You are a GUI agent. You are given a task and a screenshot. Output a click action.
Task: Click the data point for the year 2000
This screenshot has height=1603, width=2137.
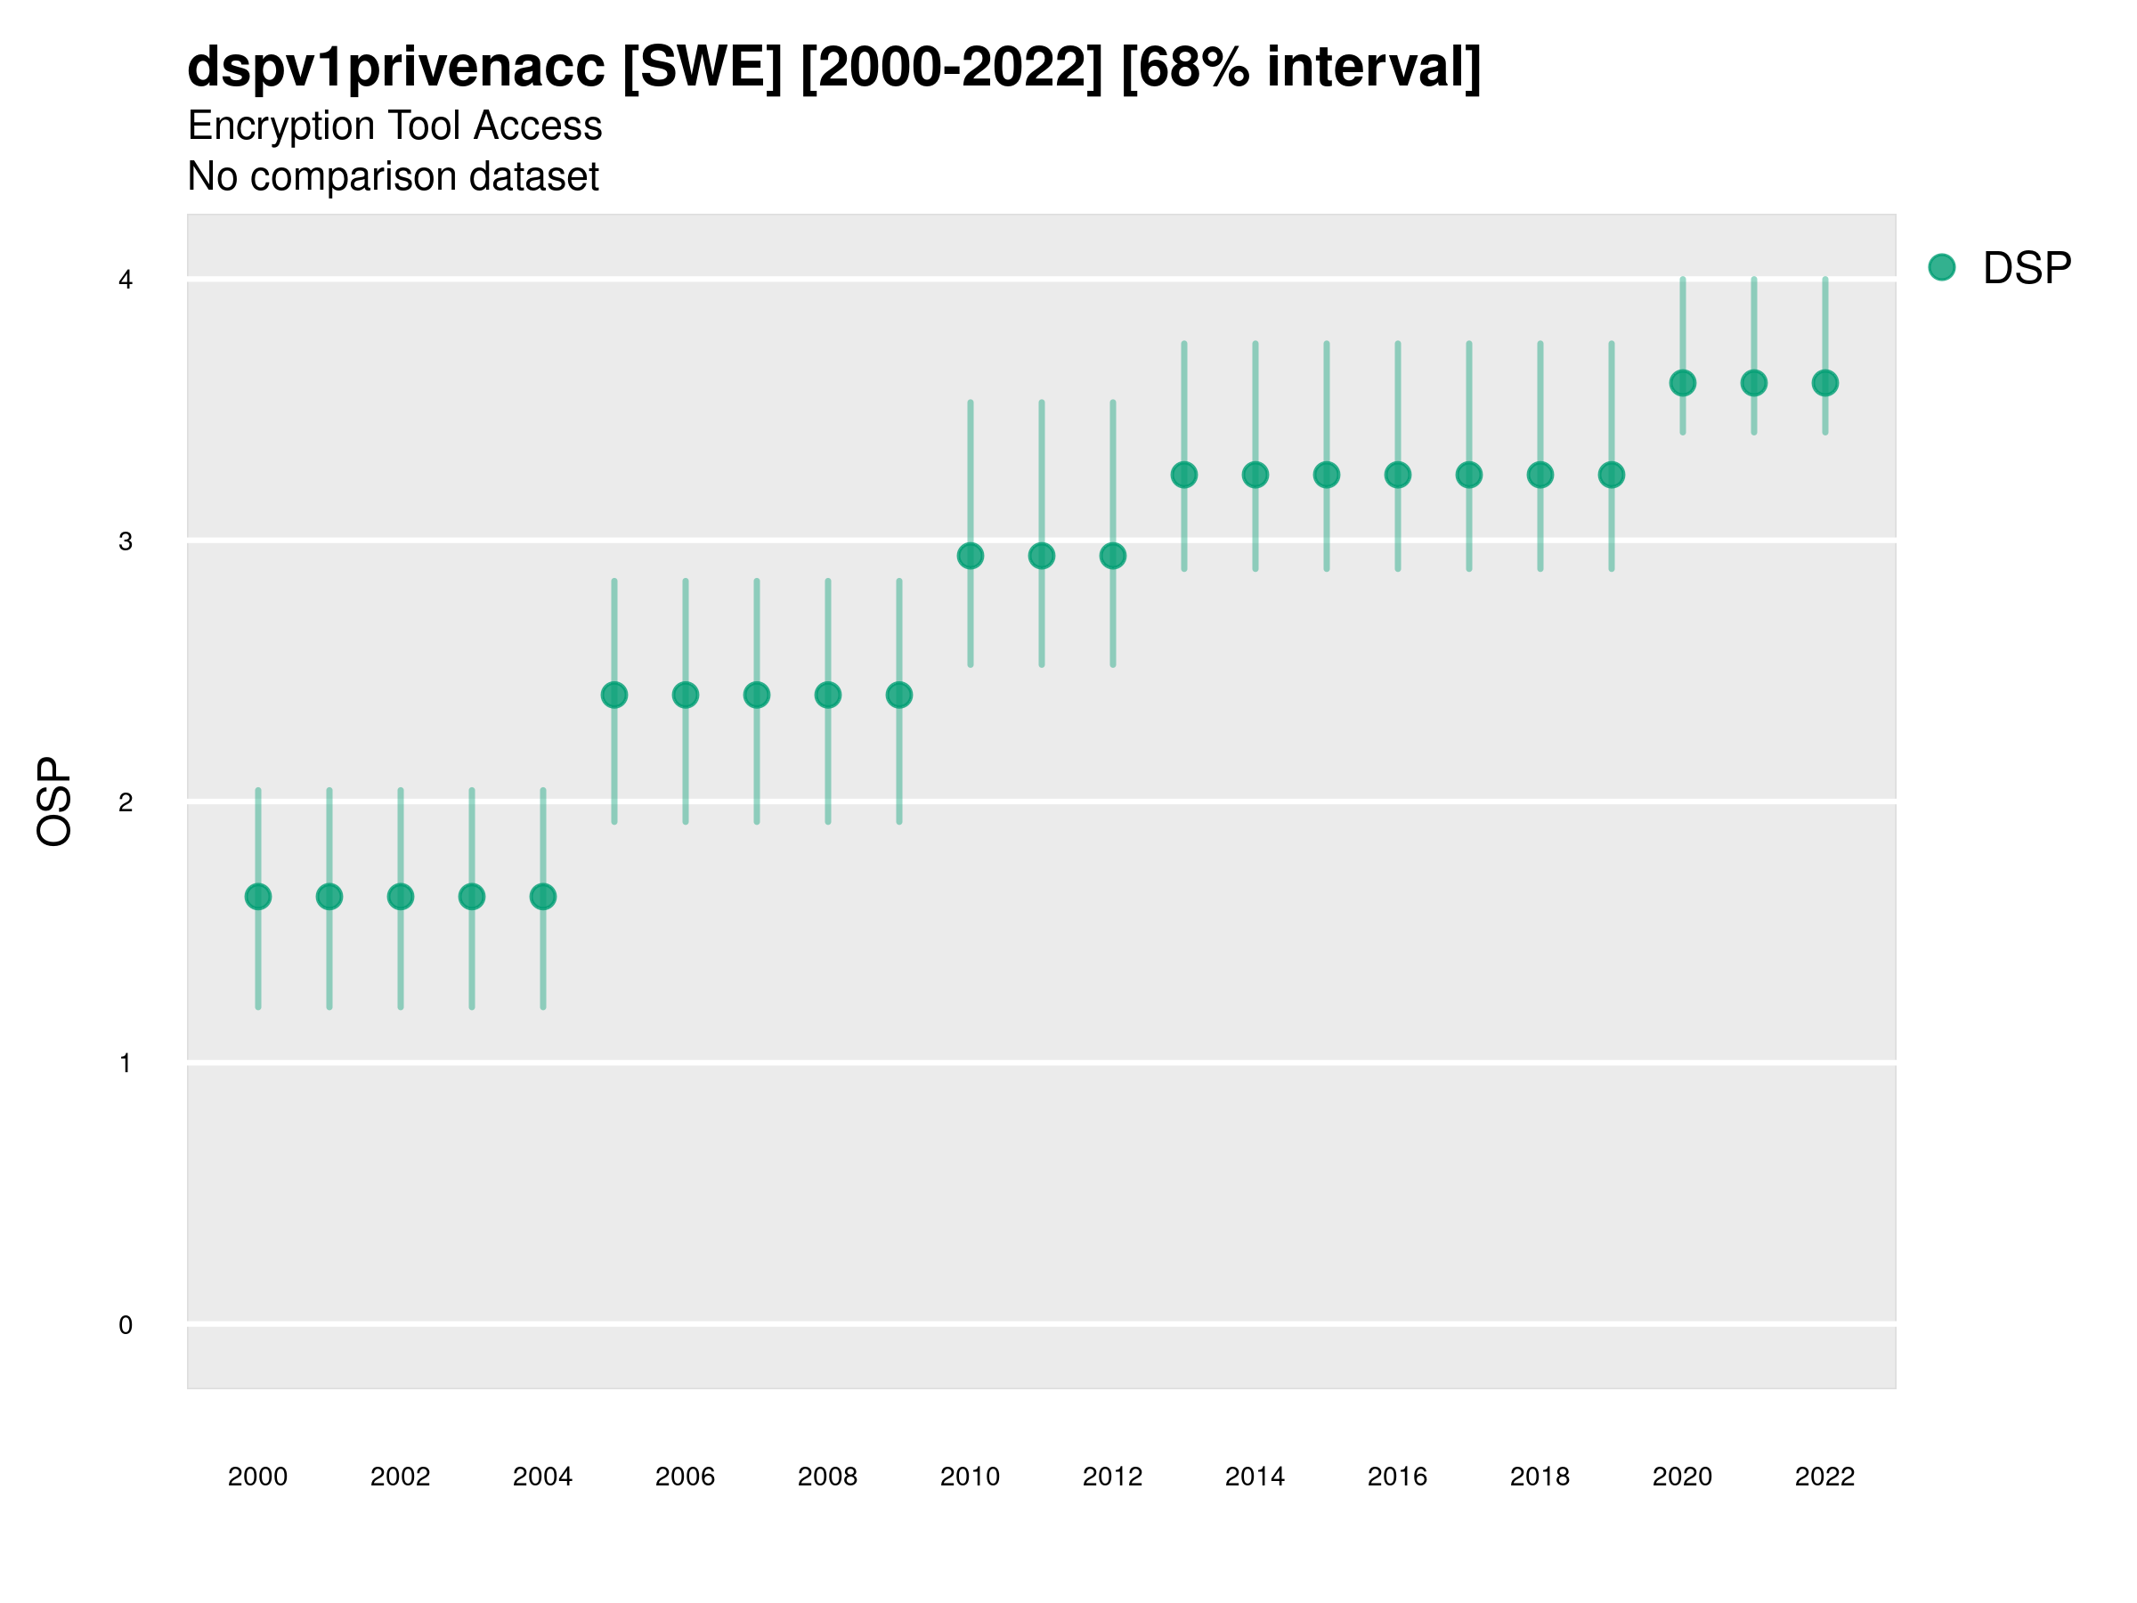[x=258, y=897]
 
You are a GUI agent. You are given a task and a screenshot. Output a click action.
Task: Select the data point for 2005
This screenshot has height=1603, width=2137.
[x=614, y=695]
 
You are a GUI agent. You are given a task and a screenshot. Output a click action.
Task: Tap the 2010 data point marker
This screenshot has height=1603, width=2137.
[x=970, y=556]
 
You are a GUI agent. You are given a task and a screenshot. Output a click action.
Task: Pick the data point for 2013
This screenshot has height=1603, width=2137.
[x=1184, y=475]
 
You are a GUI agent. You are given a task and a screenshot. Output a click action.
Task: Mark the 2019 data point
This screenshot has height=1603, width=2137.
[x=1612, y=475]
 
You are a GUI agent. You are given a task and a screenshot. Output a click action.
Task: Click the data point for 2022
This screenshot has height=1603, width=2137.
[x=1825, y=383]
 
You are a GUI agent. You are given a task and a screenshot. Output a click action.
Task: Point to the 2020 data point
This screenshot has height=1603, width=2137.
[x=1683, y=383]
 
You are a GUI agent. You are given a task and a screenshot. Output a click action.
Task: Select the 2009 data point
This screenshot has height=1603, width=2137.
[x=899, y=695]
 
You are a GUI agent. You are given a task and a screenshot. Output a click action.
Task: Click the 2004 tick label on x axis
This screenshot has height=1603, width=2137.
[x=543, y=1477]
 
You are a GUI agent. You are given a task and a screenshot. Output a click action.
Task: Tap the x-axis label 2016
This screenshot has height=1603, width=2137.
[x=1398, y=1477]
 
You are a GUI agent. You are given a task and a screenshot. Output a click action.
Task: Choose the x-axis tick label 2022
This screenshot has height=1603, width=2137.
[x=1825, y=1477]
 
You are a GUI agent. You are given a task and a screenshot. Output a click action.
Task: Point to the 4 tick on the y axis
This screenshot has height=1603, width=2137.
[x=126, y=281]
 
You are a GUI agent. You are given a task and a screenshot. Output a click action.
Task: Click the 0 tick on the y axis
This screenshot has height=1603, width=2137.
[x=126, y=1325]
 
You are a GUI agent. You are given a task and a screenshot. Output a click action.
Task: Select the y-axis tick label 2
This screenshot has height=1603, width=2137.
[x=126, y=802]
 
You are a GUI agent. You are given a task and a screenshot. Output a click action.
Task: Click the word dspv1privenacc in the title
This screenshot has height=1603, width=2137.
[x=396, y=68]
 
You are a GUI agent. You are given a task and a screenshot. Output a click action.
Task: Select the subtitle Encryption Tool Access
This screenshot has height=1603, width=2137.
[x=394, y=126]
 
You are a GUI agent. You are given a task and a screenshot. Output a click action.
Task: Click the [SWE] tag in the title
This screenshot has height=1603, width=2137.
[x=703, y=68]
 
